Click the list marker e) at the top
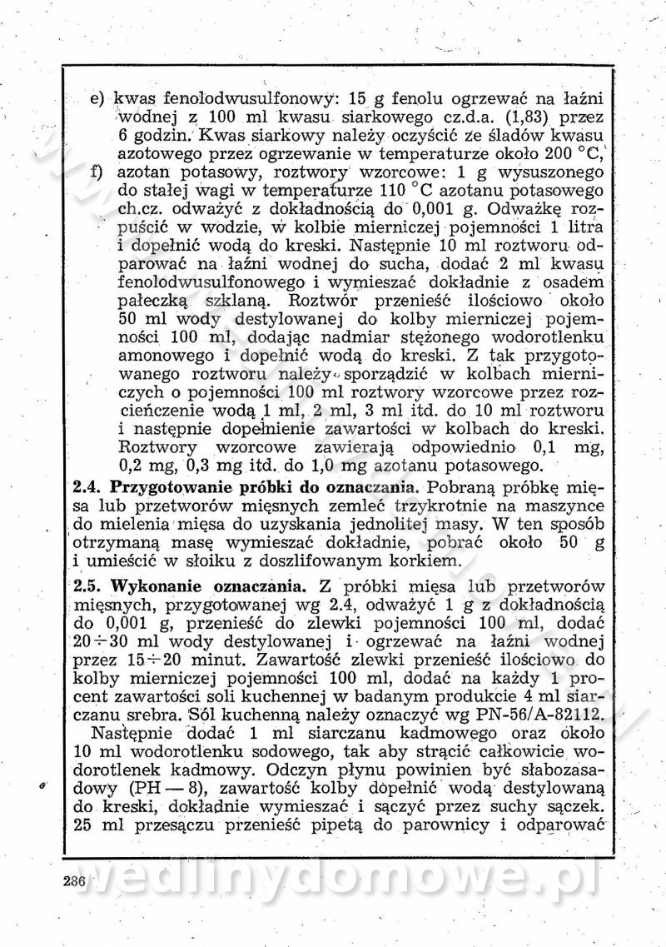pos(98,97)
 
